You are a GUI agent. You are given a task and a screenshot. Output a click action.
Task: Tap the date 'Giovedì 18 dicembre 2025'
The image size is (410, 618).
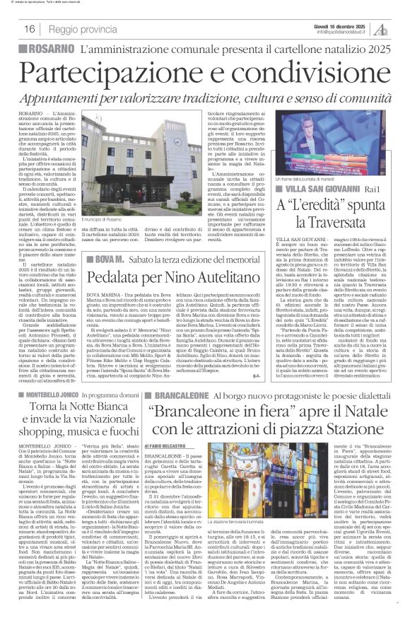(x=345, y=25)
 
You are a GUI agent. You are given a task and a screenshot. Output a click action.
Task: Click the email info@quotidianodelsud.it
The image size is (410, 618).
(x=345, y=32)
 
